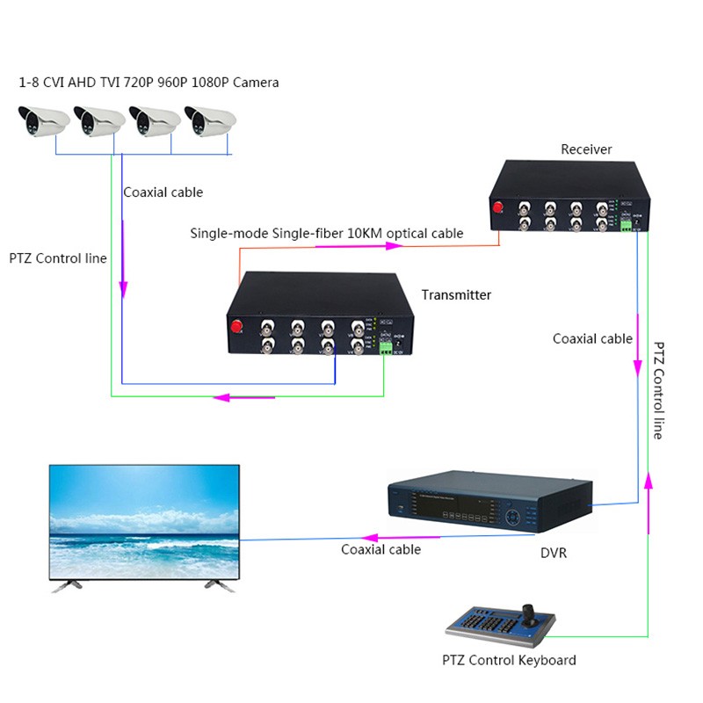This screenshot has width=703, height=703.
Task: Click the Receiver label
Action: tap(586, 149)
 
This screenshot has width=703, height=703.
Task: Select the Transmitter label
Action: tap(456, 295)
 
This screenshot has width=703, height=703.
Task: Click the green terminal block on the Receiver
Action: tap(627, 226)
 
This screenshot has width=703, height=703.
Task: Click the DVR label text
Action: tap(554, 554)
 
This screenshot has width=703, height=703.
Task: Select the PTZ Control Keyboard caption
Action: tap(509, 660)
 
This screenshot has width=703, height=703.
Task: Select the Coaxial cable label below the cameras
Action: tap(163, 192)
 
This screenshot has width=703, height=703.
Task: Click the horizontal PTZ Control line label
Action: tap(58, 258)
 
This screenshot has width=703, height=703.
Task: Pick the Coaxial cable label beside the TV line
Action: tap(380, 550)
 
